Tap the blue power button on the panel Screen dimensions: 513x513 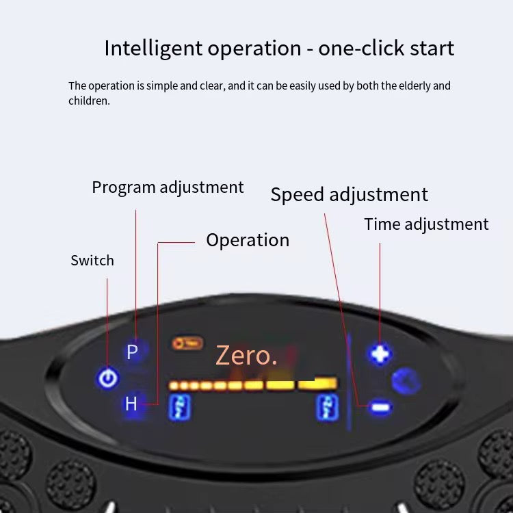click(107, 378)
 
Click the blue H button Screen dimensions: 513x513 click(131, 404)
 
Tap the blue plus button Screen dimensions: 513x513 click(380, 354)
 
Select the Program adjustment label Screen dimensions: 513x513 click(168, 188)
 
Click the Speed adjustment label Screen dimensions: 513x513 click(350, 195)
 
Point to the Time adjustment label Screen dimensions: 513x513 click(426, 225)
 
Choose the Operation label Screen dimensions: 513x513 click(248, 241)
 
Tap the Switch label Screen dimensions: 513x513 click(92, 261)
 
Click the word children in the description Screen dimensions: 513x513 click(89, 101)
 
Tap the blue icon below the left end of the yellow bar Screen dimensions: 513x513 click(180, 407)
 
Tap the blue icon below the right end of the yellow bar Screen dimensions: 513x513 click(328, 407)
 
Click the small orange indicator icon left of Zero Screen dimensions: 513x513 click(187, 343)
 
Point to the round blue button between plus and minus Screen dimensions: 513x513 click(406, 380)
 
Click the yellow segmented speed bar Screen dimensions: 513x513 click(252, 384)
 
